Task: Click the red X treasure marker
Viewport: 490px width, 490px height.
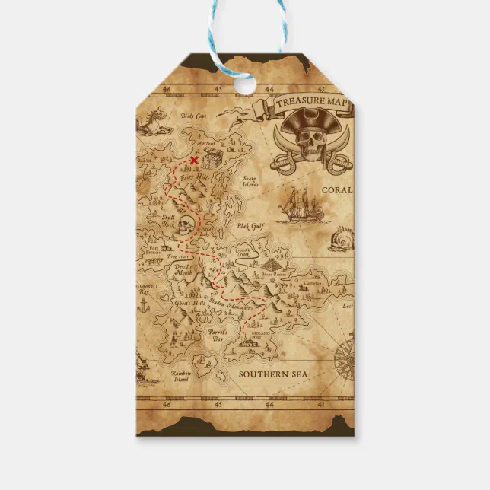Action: tap(194, 160)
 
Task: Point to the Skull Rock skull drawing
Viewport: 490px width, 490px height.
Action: tap(188, 224)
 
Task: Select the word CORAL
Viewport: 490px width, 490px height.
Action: tap(336, 190)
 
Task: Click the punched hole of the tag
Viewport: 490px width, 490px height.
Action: tap(245, 84)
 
